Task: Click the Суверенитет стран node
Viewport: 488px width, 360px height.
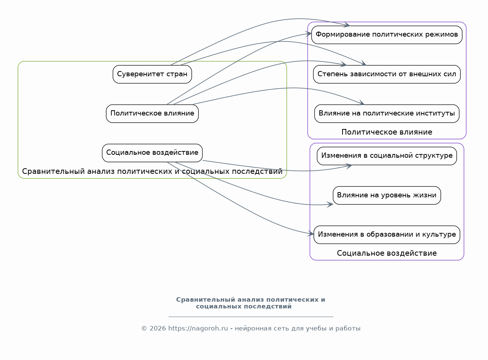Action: click(152, 74)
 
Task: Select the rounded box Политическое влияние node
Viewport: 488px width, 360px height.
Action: click(152, 114)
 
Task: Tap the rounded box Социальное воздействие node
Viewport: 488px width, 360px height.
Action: click(152, 153)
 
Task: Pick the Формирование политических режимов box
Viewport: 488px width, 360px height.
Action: click(387, 35)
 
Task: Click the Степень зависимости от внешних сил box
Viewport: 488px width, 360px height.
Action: click(387, 74)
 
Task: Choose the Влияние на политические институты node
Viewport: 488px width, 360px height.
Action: click(387, 114)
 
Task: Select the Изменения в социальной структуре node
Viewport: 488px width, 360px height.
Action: click(387, 156)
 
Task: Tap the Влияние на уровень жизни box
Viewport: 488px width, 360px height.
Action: click(387, 195)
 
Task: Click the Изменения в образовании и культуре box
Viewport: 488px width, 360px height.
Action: click(387, 234)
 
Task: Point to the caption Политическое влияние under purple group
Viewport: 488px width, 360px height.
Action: click(387, 132)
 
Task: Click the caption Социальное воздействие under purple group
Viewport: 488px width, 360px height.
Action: click(387, 253)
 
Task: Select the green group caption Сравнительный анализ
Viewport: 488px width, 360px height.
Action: click(152, 171)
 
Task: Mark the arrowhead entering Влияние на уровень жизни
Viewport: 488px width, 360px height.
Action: click(330, 204)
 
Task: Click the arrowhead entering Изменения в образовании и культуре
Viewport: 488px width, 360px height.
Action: click(311, 233)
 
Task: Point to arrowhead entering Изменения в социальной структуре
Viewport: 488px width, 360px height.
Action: click(349, 166)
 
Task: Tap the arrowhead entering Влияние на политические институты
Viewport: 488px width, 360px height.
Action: click(361, 102)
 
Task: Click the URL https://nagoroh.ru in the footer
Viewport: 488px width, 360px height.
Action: click(198, 328)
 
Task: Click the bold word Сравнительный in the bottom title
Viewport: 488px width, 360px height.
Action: click(206, 300)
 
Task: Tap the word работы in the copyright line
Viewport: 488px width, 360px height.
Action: click(348, 329)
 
